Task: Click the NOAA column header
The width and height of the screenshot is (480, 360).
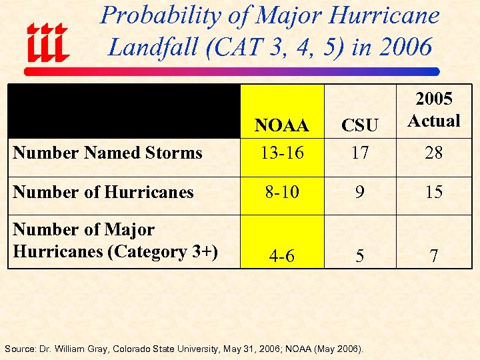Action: tap(282, 125)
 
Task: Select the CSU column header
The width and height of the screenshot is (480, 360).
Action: tap(360, 125)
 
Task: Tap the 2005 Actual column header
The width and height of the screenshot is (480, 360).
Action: tap(434, 110)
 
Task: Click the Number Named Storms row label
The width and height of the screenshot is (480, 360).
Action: tap(107, 153)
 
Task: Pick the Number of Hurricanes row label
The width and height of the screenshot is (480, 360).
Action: tap(103, 192)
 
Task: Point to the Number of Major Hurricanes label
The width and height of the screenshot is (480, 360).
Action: tap(115, 241)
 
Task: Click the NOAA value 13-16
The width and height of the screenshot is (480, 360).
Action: tap(282, 153)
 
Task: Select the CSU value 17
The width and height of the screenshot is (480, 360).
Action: tap(360, 153)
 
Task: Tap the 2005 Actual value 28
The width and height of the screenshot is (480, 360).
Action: tap(434, 153)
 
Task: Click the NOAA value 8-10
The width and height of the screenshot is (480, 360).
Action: tap(282, 192)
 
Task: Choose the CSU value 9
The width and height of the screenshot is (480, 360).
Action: tap(360, 192)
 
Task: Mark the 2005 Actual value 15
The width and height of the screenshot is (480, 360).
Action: tap(434, 192)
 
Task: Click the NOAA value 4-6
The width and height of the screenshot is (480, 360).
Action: tap(282, 256)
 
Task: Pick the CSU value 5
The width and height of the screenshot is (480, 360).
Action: tap(360, 256)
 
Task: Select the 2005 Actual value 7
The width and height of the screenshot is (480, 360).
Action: tap(434, 256)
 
